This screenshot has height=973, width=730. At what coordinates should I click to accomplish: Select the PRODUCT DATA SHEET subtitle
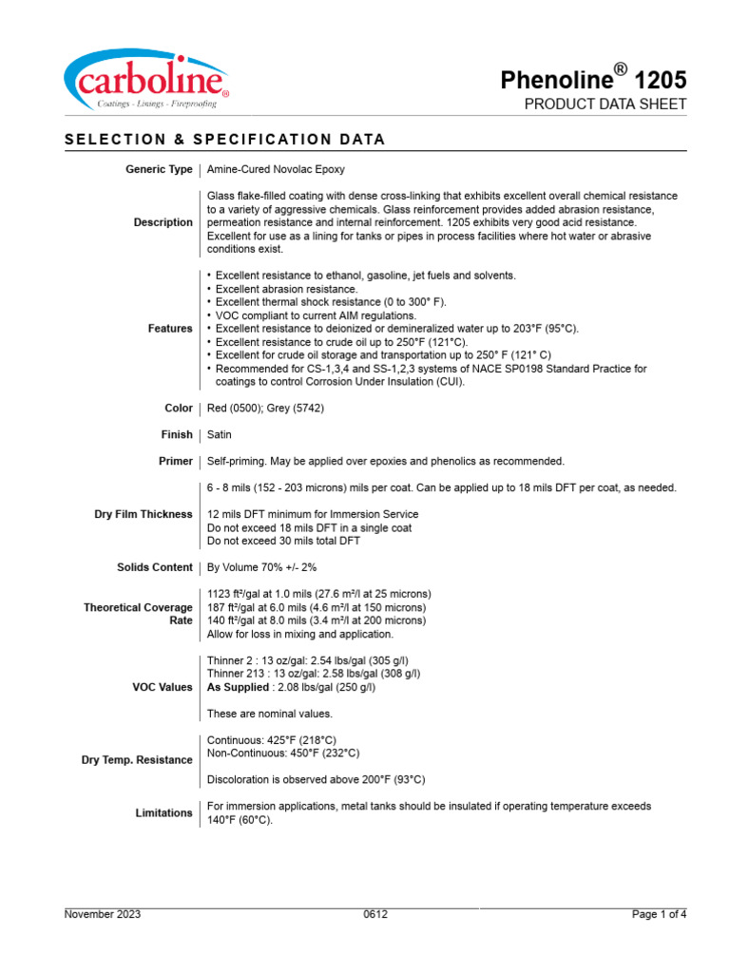point(605,105)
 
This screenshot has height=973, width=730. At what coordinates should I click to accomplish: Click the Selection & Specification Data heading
point(225,139)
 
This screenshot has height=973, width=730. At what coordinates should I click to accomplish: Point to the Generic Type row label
point(159,169)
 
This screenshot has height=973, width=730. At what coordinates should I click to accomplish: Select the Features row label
point(170,328)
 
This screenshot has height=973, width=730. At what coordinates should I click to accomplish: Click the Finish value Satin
point(220,434)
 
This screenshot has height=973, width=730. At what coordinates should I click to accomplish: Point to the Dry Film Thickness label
point(144,514)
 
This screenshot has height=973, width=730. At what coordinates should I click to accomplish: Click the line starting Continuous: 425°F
point(272,739)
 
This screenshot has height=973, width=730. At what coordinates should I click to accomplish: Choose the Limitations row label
point(163,812)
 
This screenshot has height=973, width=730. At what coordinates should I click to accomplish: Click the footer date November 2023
point(103,914)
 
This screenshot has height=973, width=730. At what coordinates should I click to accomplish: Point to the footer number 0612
point(375,914)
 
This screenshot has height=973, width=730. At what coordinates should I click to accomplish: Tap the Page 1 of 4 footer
point(659,914)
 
